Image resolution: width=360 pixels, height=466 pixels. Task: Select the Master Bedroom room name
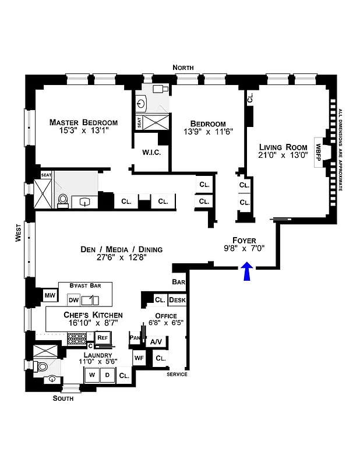pyautogui.click(x=83, y=122)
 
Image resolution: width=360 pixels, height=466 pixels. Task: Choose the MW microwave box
pyautogui.click(x=50, y=296)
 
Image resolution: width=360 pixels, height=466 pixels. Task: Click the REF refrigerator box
pyautogui.click(x=103, y=337)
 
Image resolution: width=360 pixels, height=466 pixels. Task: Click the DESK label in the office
pyautogui.click(x=177, y=301)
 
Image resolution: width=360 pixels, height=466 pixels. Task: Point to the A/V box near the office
pyautogui.click(x=156, y=342)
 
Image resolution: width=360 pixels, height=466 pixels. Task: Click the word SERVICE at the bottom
pyautogui.click(x=177, y=374)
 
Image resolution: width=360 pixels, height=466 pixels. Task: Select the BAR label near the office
pyautogui.click(x=178, y=282)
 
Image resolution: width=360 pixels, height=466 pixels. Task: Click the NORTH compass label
pyautogui.click(x=183, y=68)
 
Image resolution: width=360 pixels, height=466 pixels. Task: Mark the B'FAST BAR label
pyautogui.click(x=83, y=285)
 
